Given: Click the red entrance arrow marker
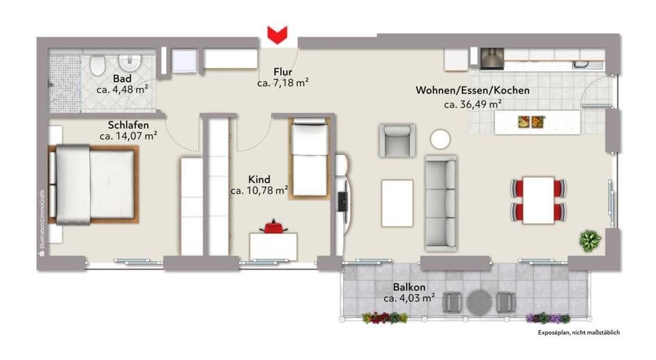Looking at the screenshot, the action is (x=277, y=35).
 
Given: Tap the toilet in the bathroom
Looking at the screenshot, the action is (x=98, y=65).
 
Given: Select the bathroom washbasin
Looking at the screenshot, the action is (x=130, y=63).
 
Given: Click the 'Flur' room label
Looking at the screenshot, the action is (x=283, y=72).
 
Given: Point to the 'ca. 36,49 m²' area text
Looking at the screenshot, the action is (x=473, y=104).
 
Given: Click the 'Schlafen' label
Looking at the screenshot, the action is (x=128, y=125).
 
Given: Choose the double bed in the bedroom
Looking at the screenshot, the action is (x=94, y=184).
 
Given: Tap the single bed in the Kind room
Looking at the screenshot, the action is (x=309, y=157).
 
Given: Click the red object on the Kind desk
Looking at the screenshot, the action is (x=273, y=227).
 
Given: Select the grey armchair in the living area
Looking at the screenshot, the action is (x=397, y=141).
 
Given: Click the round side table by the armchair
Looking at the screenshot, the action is (x=440, y=139).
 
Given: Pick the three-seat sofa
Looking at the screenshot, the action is (x=441, y=203).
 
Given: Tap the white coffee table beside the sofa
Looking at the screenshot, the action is (x=397, y=203).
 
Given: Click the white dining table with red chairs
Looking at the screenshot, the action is (x=538, y=200).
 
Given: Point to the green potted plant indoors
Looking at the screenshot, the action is (x=590, y=241).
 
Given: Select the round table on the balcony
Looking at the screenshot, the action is (x=479, y=303).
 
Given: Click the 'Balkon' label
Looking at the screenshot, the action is (x=409, y=287).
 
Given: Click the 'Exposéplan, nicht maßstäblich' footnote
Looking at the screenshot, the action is (x=579, y=333).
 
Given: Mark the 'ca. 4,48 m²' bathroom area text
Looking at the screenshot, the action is (x=122, y=89).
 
